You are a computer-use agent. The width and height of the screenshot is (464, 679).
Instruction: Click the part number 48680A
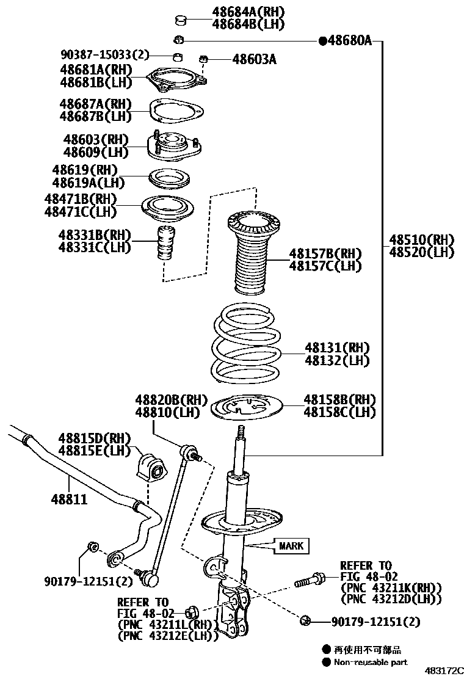click(x=350, y=41)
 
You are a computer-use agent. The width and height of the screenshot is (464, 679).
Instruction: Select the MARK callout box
click(x=291, y=545)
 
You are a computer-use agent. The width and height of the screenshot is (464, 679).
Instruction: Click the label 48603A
click(x=254, y=59)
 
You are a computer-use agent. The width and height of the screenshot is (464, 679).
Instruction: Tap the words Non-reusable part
click(x=371, y=662)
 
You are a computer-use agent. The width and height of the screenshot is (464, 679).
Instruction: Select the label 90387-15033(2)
click(x=104, y=55)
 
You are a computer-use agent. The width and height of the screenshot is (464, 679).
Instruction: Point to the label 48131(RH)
click(x=337, y=347)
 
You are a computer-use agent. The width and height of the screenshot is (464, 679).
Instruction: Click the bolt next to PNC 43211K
click(x=309, y=581)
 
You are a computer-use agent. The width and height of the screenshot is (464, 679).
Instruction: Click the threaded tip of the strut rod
click(x=242, y=431)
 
